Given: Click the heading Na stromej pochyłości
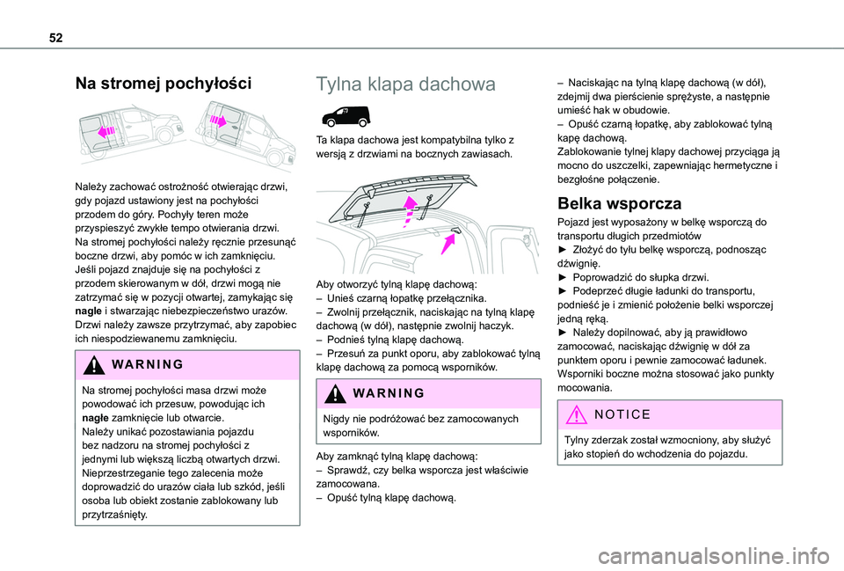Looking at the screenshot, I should [x=164, y=84].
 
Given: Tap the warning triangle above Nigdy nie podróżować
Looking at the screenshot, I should [x=333, y=394].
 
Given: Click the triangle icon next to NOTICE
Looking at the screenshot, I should [x=573, y=413].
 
